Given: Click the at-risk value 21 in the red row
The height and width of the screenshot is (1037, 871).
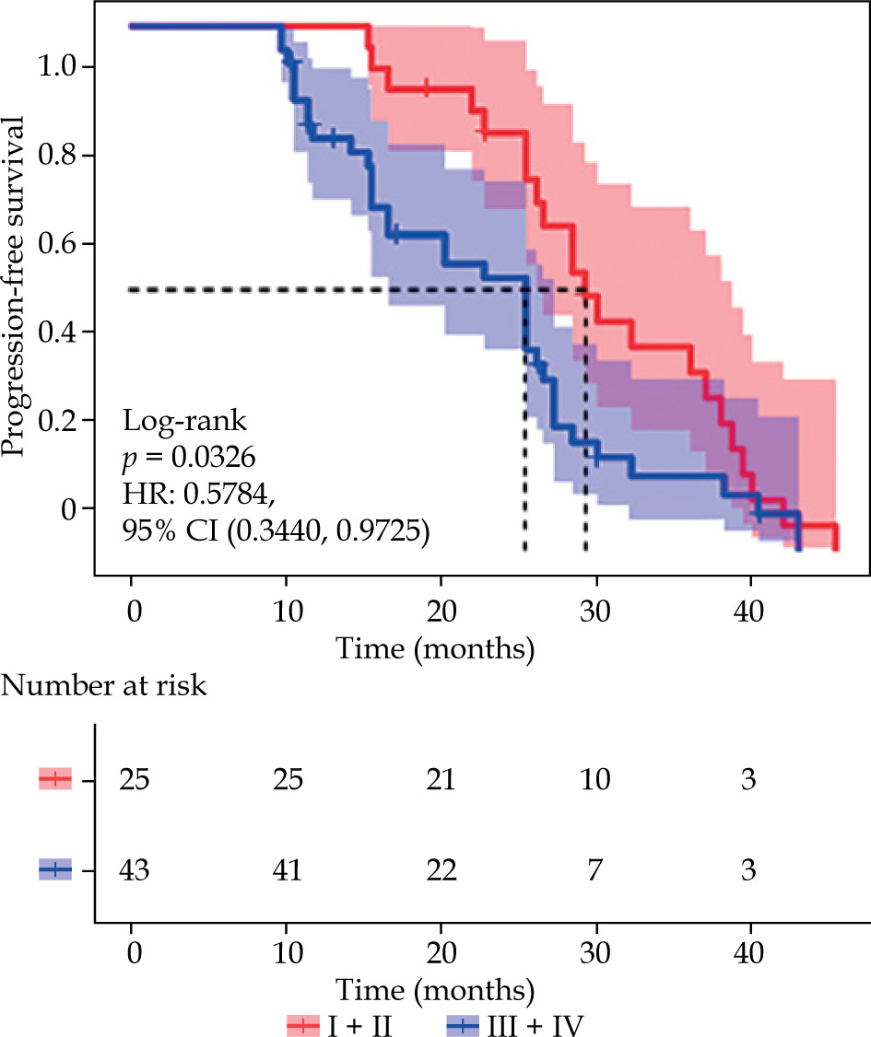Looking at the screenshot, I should pos(441,780).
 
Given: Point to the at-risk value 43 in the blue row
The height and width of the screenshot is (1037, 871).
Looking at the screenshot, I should pos(135,869).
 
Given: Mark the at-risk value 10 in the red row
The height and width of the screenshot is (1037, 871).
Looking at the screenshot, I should pos(596,780).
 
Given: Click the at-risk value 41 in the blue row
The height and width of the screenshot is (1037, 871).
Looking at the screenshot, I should pos(288,869).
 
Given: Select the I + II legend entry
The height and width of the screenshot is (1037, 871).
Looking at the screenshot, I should pos(340,1023).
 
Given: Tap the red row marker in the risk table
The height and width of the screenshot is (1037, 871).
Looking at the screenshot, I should pos(55,780).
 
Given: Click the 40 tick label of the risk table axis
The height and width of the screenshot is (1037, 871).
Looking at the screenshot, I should pos(750,950).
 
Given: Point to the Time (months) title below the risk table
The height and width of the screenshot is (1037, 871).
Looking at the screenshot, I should pos(435,991).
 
